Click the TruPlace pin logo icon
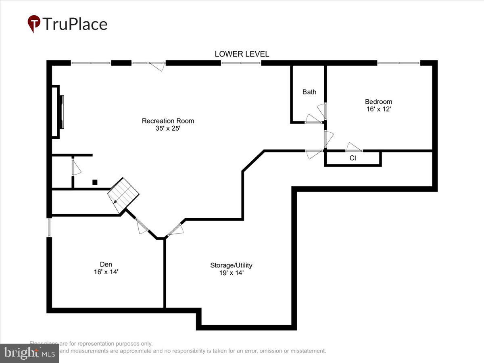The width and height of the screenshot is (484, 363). [34, 23]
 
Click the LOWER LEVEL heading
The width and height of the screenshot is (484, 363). [242, 54]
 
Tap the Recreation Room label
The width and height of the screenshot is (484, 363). [168, 121]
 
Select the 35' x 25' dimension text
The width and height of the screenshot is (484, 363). [168, 129]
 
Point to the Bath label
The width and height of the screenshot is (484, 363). [309, 92]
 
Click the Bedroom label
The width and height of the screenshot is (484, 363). [378, 102]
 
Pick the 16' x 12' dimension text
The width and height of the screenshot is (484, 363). [378, 109]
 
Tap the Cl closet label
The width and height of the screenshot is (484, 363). [353, 158]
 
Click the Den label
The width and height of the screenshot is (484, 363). [106, 264]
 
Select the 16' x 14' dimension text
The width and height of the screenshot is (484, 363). [106, 272]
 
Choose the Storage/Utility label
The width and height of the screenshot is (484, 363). [231, 265]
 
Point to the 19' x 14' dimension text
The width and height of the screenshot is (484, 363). [231, 273]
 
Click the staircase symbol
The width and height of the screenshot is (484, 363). [123, 196]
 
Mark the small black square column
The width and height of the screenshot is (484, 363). [95, 182]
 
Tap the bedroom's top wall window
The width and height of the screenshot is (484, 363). [398, 63]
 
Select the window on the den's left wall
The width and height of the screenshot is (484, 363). [49, 227]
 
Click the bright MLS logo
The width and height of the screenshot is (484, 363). [29, 353]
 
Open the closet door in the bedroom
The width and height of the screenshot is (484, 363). [354, 148]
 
